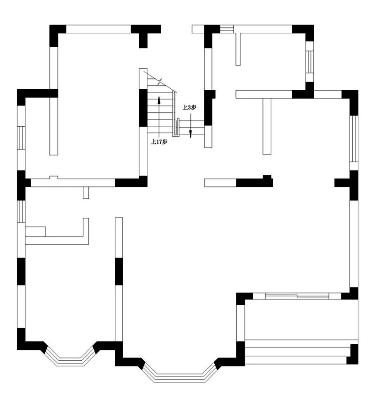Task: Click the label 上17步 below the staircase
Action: tap(159, 142)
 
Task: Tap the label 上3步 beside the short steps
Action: tap(189, 107)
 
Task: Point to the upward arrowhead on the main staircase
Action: tap(159, 100)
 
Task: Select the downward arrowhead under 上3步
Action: tap(191, 134)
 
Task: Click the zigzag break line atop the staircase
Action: tap(160, 82)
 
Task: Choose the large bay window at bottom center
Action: tap(180, 373)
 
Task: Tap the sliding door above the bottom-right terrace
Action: tap(297, 296)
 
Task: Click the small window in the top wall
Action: tap(227, 29)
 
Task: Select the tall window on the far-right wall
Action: tap(354, 139)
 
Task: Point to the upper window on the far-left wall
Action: tap(21, 137)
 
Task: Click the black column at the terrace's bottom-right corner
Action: tap(353, 355)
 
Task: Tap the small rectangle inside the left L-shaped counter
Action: tap(35, 232)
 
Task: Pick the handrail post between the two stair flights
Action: tap(176, 127)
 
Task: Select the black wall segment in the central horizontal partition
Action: tap(254, 182)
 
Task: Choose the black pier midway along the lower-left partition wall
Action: tap(119, 271)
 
